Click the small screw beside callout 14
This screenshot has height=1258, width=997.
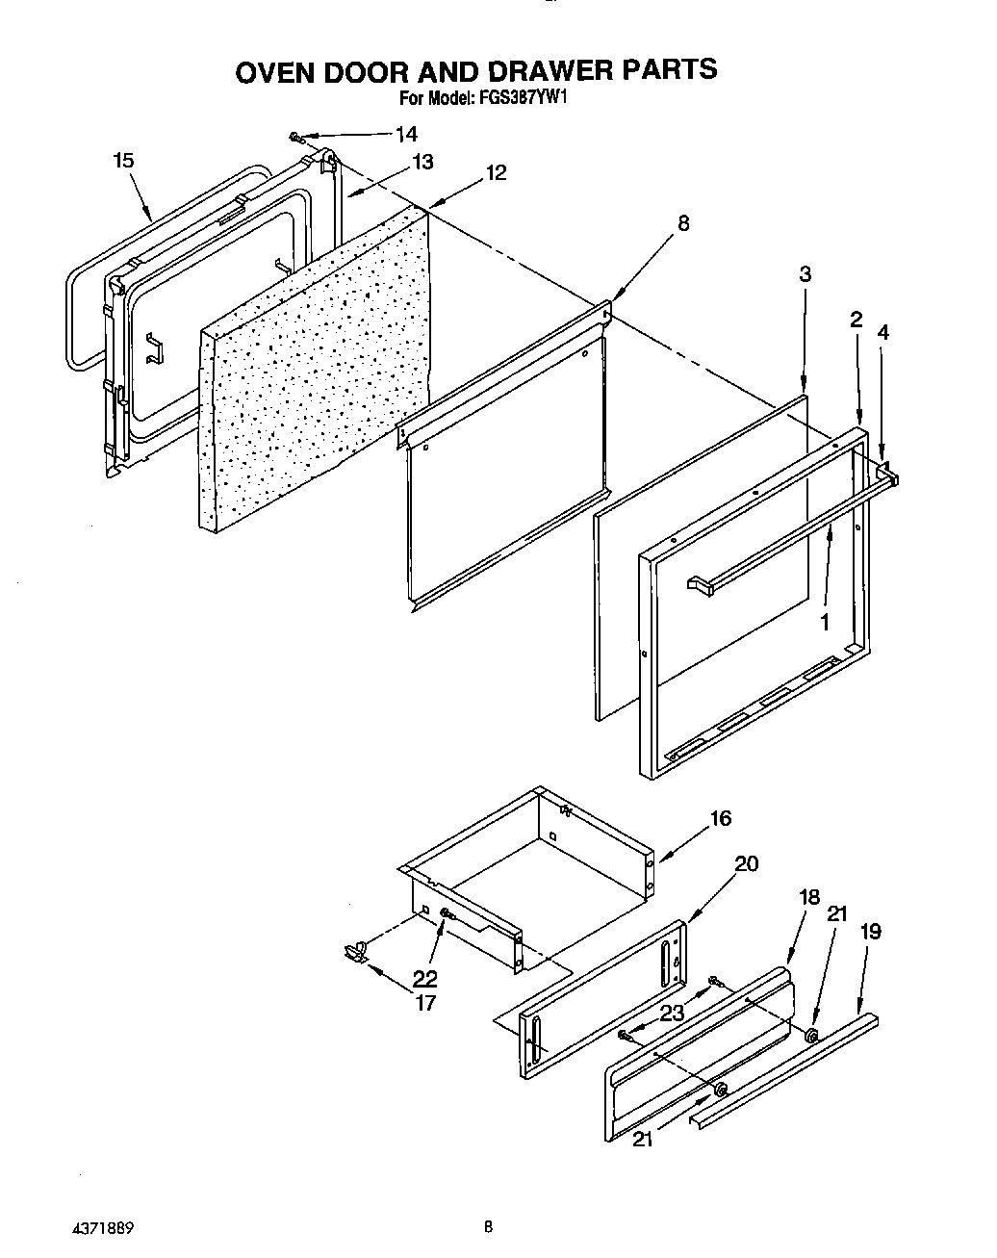pyautogui.click(x=297, y=139)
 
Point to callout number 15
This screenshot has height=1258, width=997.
pyautogui.click(x=123, y=161)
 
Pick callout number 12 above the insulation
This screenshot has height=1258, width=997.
pyautogui.click(x=496, y=172)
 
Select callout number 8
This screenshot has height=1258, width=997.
pyautogui.click(x=682, y=223)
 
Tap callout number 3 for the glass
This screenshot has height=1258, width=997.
pyautogui.click(x=805, y=274)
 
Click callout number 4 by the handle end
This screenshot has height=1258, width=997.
pyautogui.click(x=882, y=332)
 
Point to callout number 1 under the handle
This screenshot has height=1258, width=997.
pyautogui.click(x=824, y=622)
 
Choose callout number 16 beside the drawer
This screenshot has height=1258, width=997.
pyautogui.click(x=720, y=818)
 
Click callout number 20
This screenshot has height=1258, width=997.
pyautogui.click(x=746, y=863)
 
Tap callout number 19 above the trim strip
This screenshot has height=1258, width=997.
pyautogui.click(x=871, y=931)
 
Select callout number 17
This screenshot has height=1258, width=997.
pyautogui.click(x=424, y=1003)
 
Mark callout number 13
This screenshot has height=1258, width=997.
pyautogui.click(x=423, y=162)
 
